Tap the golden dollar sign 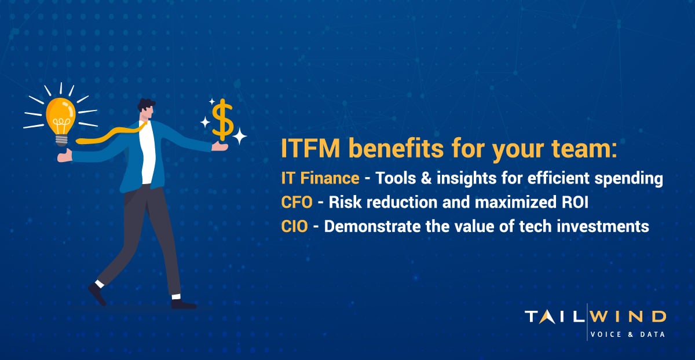point(222,119)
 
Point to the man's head point(147,110)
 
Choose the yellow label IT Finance point(320,179)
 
